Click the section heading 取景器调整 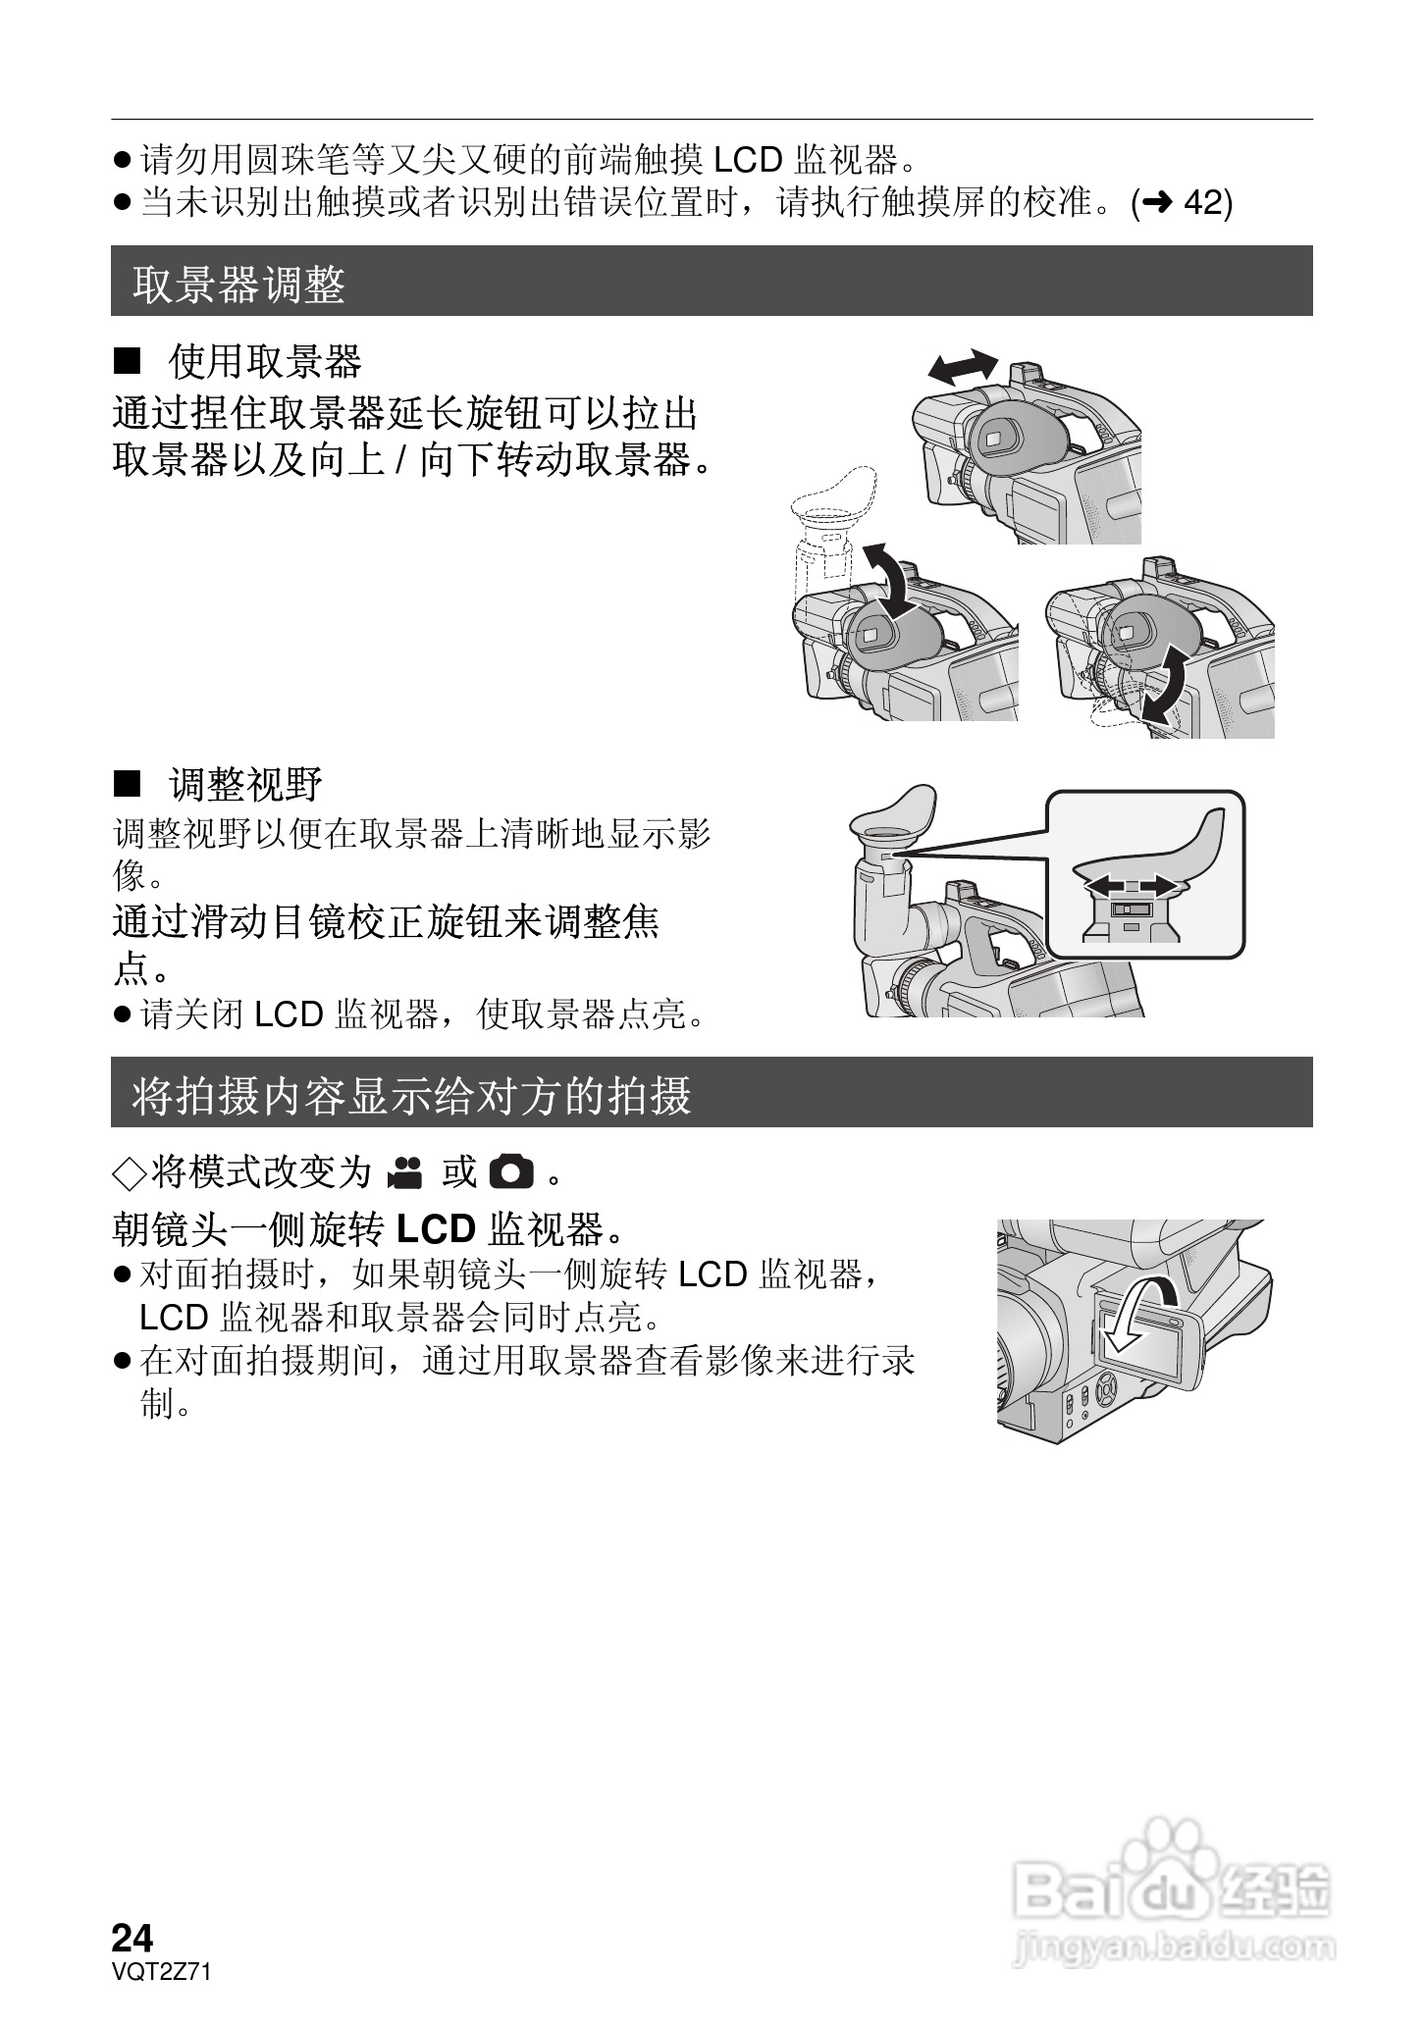pyautogui.click(x=238, y=285)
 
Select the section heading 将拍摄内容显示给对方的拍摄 pyautogui.click(x=412, y=1095)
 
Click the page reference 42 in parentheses pyautogui.click(x=1206, y=202)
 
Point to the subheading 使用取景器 pyautogui.click(x=265, y=361)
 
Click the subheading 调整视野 pyautogui.click(x=245, y=785)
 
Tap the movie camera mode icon pyautogui.click(x=404, y=1171)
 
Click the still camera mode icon pyautogui.click(x=510, y=1171)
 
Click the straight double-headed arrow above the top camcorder pyautogui.click(x=964, y=366)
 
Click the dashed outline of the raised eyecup pyautogui.click(x=834, y=500)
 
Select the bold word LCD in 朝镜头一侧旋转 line pyautogui.click(x=436, y=1227)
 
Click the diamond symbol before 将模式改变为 pyautogui.click(x=129, y=1171)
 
